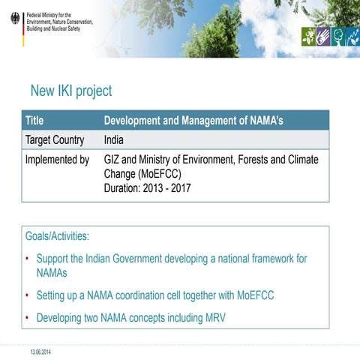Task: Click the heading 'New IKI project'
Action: coord(70,91)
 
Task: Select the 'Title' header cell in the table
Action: coord(34,120)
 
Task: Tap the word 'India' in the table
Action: coord(114,139)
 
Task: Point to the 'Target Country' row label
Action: coord(55,139)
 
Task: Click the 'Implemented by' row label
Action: coord(57,160)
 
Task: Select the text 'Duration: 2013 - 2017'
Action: coord(147,188)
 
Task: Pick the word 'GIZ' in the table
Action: coord(113,160)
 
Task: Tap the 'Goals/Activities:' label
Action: coord(57,236)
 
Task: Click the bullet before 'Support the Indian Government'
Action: coord(27,259)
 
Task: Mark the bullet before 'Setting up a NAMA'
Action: coord(27,295)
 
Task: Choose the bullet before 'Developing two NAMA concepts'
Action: coord(27,318)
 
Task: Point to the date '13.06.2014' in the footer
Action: coord(40,351)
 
